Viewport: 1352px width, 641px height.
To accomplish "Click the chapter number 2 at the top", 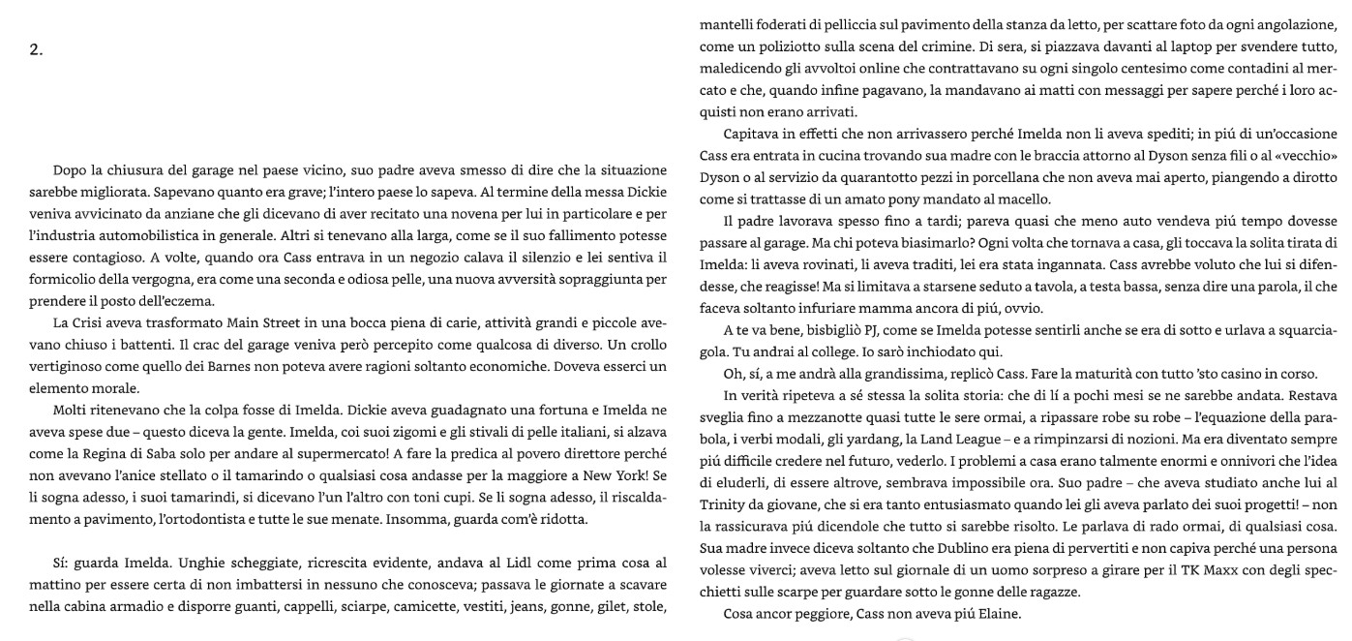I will click(35, 50).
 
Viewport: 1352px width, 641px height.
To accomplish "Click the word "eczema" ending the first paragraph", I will click(189, 300).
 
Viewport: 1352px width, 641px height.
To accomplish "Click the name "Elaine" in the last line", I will click(973, 614).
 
